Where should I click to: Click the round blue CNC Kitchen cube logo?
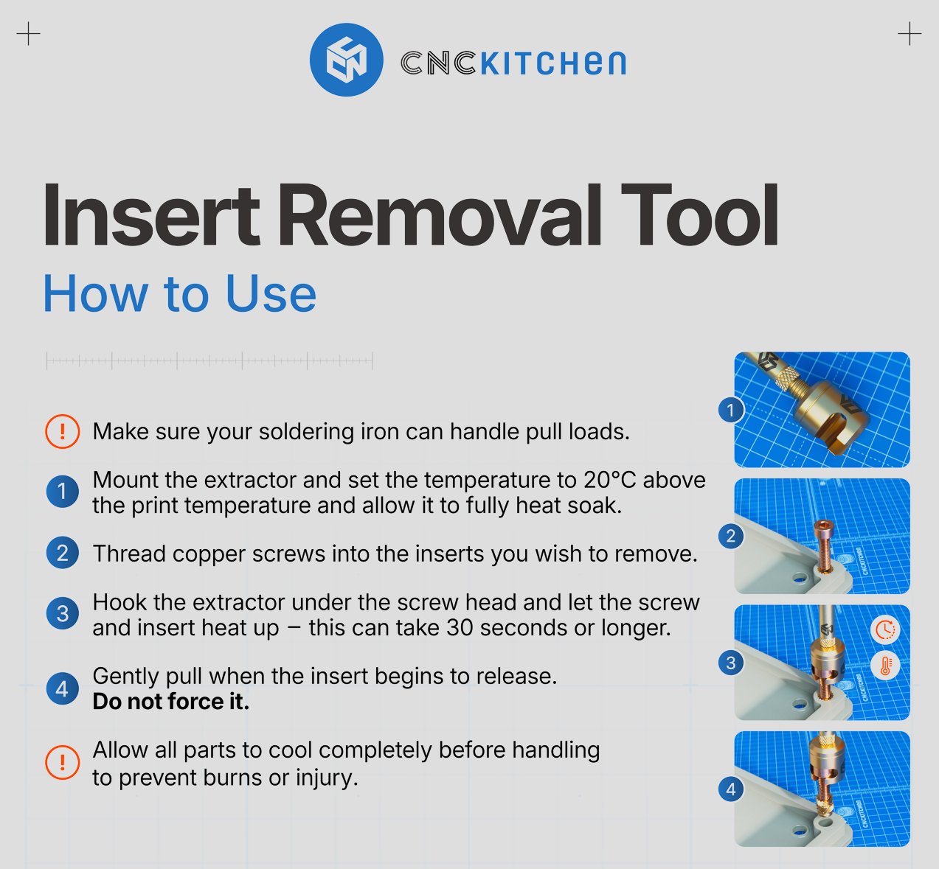click(346, 60)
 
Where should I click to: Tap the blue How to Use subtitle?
click(180, 294)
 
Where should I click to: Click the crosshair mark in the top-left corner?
click(28, 34)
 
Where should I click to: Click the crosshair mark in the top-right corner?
click(909, 34)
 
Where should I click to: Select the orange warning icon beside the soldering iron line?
click(63, 431)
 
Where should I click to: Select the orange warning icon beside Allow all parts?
click(63, 762)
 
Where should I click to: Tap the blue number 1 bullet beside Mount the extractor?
click(63, 492)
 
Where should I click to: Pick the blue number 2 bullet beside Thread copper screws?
click(63, 553)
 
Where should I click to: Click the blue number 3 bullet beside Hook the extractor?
click(63, 613)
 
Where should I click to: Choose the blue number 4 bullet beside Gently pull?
click(63, 688)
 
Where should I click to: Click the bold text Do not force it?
click(170, 702)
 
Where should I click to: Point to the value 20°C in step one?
click(609, 480)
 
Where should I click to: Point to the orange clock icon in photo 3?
click(885, 629)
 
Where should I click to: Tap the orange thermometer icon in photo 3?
click(885, 666)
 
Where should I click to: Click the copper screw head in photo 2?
click(824, 526)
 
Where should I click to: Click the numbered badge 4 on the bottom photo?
click(731, 789)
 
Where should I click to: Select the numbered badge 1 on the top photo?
click(731, 410)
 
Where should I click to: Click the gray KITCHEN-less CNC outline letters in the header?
click(438, 63)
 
